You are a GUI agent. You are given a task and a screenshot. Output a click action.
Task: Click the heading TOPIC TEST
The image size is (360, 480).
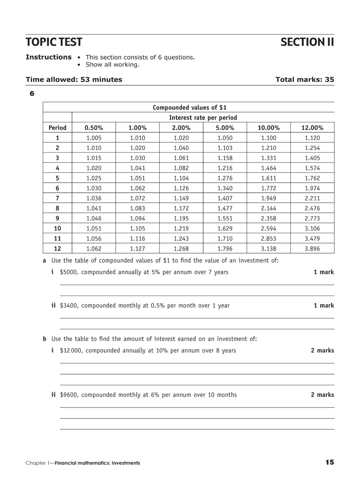(x=54, y=42)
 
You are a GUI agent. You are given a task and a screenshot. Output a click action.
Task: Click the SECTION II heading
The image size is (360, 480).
(x=307, y=42)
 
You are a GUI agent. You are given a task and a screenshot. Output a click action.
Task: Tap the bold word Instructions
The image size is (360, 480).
(x=48, y=57)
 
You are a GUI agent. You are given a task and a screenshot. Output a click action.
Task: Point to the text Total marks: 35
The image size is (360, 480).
(x=304, y=79)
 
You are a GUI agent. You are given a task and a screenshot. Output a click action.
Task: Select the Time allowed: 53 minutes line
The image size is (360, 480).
(x=74, y=79)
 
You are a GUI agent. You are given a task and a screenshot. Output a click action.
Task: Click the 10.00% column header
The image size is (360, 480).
(x=268, y=127)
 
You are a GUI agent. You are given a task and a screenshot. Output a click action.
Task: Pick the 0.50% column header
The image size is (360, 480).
(x=94, y=127)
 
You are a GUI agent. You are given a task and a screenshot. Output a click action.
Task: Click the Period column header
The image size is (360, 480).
(x=57, y=127)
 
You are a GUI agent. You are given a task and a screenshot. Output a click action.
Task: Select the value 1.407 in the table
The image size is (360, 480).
(x=225, y=198)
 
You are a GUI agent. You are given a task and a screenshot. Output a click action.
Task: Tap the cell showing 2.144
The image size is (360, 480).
(x=268, y=208)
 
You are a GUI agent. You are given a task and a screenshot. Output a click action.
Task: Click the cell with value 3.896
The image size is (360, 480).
(x=312, y=248)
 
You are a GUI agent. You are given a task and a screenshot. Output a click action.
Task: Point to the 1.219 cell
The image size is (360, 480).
(x=181, y=228)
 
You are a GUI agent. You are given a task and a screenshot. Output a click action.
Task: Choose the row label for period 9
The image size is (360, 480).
(x=57, y=218)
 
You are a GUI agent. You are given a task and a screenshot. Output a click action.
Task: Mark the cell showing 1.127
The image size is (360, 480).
(x=138, y=248)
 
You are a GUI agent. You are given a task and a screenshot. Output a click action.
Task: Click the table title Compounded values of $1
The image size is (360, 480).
(x=189, y=108)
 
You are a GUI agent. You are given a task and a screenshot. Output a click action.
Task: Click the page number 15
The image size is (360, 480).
(x=329, y=462)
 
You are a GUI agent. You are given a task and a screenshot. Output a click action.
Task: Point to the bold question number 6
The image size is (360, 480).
(x=32, y=93)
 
